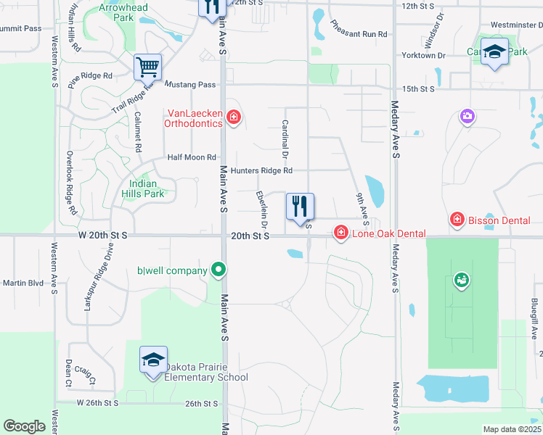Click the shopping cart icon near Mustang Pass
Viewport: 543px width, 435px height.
point(147,67)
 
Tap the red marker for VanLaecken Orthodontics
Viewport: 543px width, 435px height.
point(233,117)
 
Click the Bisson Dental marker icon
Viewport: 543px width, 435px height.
point(457,219)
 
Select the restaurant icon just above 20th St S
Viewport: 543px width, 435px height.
point(300,207)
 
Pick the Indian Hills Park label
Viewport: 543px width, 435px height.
point(142,188)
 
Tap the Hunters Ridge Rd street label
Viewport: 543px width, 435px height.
point(261,171)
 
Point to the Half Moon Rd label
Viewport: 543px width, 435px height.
point(192,157)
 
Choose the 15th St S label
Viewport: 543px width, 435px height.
point(418,88)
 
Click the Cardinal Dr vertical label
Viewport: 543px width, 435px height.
point(285,140)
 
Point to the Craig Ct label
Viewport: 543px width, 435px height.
point(86,376)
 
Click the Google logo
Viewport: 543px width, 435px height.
point(25,426)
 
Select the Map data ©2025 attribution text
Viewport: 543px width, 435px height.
point(512,429)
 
